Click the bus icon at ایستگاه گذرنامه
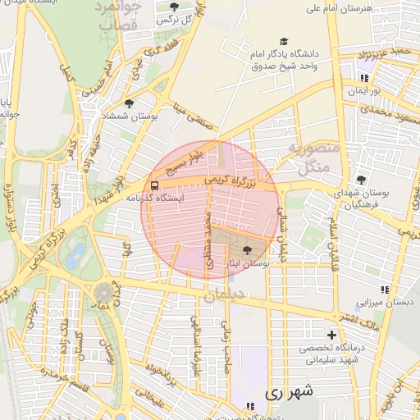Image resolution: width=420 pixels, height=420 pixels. [x=155, y=185]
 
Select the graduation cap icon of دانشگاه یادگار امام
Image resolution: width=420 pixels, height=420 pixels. [x=284, y=41]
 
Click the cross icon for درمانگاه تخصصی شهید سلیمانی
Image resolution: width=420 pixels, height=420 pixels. [x=331, y=335]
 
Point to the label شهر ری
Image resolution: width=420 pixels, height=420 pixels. [x=289, y=393]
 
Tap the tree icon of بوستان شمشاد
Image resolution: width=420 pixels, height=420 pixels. [x=129, y=103]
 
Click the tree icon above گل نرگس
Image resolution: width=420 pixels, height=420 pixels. [x=174, y=7]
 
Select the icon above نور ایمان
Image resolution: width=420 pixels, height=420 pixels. [x=363, y=79]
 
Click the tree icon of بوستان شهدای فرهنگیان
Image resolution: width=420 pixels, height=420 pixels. [x=361, y=180]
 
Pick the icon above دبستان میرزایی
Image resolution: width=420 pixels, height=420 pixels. [x=385, y=290]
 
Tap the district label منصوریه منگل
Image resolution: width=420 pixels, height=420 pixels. [x=310, y=157]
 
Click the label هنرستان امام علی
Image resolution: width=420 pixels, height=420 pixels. [x=339, y=8]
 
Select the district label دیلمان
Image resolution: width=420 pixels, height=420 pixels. [x=225, y=298]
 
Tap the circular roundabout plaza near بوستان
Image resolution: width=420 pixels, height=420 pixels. [x=105, y=293]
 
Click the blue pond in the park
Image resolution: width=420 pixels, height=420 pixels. [x=75, y=255]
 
